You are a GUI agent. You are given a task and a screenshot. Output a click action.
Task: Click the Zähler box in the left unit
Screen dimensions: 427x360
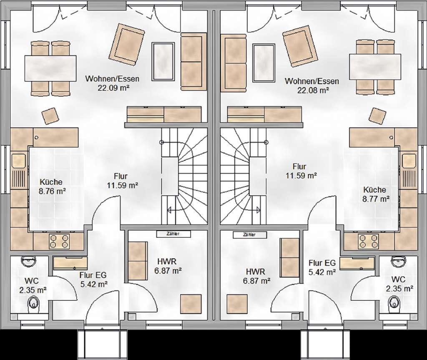(x=173, y=234)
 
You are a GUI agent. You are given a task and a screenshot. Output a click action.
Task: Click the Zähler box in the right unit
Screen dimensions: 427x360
(x=250, y=234)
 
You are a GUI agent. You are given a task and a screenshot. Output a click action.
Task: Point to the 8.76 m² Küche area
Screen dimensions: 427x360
(x=52, y=191)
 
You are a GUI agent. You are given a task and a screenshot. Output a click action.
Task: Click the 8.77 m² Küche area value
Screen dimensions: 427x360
(x=376, y=199)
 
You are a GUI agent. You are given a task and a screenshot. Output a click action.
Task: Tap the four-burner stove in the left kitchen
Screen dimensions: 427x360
(x=59, y=241)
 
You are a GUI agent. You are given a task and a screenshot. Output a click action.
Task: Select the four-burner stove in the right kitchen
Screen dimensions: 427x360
(x=368, y=241)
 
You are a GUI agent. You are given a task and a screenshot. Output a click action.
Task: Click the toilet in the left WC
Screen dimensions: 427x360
(x=34, y=303)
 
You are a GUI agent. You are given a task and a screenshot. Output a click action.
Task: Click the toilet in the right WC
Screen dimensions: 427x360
(x=394, y=303)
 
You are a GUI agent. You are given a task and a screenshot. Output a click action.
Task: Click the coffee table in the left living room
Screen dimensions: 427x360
(x=163, y=62)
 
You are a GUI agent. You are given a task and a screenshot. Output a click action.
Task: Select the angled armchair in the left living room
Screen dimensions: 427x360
(x=127, y=44)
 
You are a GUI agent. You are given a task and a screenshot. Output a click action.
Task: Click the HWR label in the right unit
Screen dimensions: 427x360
(x=256, y=272)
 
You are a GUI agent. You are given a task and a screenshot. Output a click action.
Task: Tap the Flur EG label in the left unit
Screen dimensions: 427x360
(x=93, y=275)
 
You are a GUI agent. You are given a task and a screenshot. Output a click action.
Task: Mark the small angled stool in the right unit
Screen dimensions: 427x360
(x=378, y=116)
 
